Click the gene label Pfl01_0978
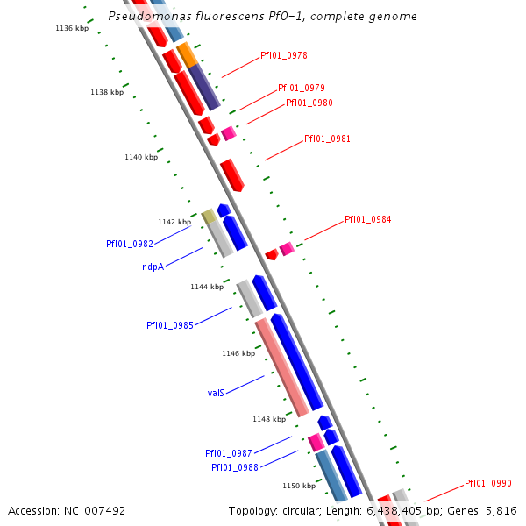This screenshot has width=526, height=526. point(283,55)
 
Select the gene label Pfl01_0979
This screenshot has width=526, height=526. point(301,88)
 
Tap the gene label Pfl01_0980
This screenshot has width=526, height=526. point(309,103)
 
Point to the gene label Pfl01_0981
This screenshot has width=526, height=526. point(327,139)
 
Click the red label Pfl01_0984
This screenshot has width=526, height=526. point(367,219)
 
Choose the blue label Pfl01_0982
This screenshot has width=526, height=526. point(130,244)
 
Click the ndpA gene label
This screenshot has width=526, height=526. point(153,267)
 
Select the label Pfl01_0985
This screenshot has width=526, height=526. point(170,325)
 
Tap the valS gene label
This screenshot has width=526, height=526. point(217,393)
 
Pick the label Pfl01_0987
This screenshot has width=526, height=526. point(229,453)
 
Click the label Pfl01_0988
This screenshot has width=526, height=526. point(234,467)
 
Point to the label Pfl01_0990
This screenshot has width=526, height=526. point(487,483)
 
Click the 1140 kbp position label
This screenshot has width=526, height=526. point(141,157)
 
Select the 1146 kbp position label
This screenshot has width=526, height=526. point(238,353)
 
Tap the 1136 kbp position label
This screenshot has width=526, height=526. point(72,28)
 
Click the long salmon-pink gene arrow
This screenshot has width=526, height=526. point(281,366)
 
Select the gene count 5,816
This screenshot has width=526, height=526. point(501,510)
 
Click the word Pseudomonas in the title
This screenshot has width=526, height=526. point(144,16)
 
